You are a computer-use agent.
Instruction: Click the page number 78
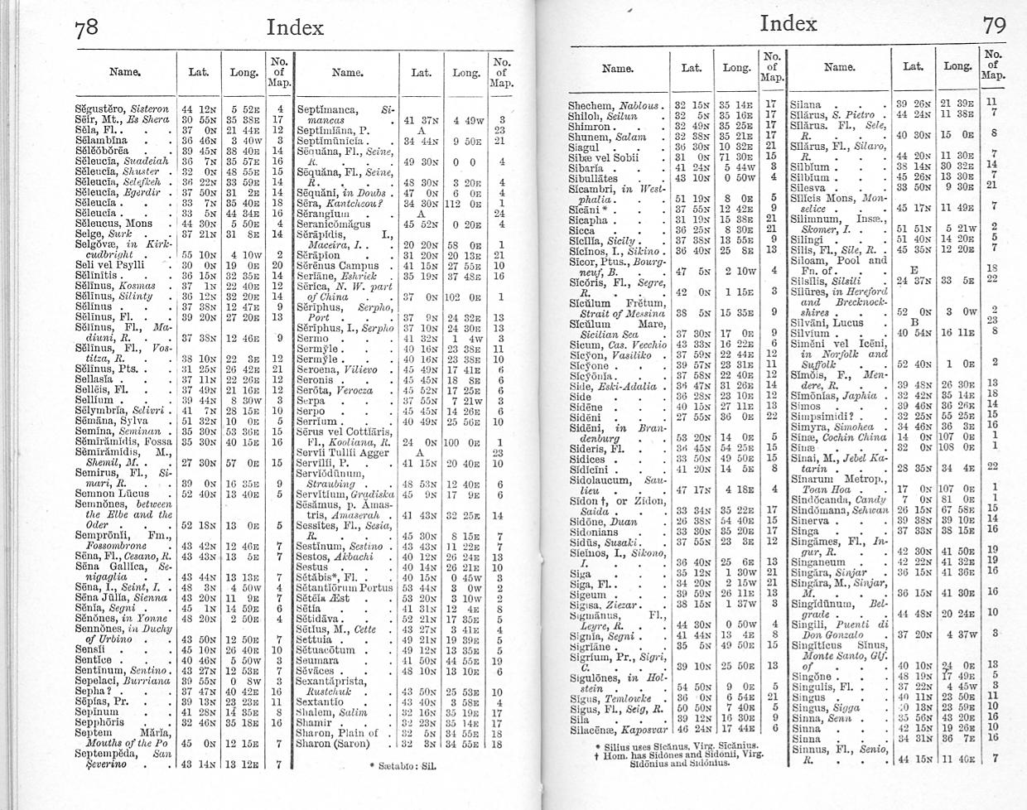86,28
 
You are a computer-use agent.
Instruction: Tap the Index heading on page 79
788,22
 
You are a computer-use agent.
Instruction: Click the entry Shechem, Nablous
617,105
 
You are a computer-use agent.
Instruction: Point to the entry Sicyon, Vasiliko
611,354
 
